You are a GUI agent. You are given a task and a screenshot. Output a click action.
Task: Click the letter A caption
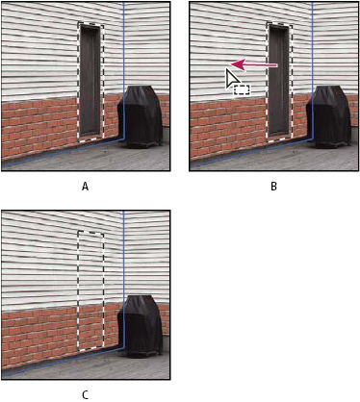click(85, 187)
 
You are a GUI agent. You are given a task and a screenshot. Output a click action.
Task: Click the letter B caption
click(273, 187)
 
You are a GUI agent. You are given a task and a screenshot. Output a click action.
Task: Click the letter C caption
click(85, 395)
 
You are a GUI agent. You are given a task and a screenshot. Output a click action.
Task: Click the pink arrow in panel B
click(254, 65)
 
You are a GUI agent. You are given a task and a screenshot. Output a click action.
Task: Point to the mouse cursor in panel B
click(231, 78)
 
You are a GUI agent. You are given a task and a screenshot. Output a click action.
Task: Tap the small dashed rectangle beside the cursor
click(242, 89)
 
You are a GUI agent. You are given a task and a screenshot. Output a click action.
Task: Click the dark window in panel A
click(90, 80)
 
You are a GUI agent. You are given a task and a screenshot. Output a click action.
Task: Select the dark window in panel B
click(279, 80)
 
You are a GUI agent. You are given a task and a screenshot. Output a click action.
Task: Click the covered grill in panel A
click(141, 116)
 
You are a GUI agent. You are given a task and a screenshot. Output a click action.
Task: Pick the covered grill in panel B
click(329, 116)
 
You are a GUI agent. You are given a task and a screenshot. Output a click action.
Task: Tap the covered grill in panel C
click(141, 326)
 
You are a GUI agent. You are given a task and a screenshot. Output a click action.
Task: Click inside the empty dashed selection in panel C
click(90, 290)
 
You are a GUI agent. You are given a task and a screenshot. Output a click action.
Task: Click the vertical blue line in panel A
click(123, 71)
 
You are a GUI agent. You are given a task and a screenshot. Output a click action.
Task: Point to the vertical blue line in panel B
click(312, 71)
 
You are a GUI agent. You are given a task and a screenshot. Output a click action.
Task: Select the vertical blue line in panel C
click(123, 280)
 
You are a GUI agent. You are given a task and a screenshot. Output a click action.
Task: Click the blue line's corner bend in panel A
click(123, 139)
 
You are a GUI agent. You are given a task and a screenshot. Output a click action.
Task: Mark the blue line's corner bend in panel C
click(123, 349)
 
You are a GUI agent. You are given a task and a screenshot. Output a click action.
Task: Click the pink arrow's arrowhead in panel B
click(236, 65)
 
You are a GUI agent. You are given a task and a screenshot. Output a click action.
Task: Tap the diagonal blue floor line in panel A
click(63, 154)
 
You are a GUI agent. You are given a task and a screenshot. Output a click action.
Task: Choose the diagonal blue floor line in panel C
click(63, 363)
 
